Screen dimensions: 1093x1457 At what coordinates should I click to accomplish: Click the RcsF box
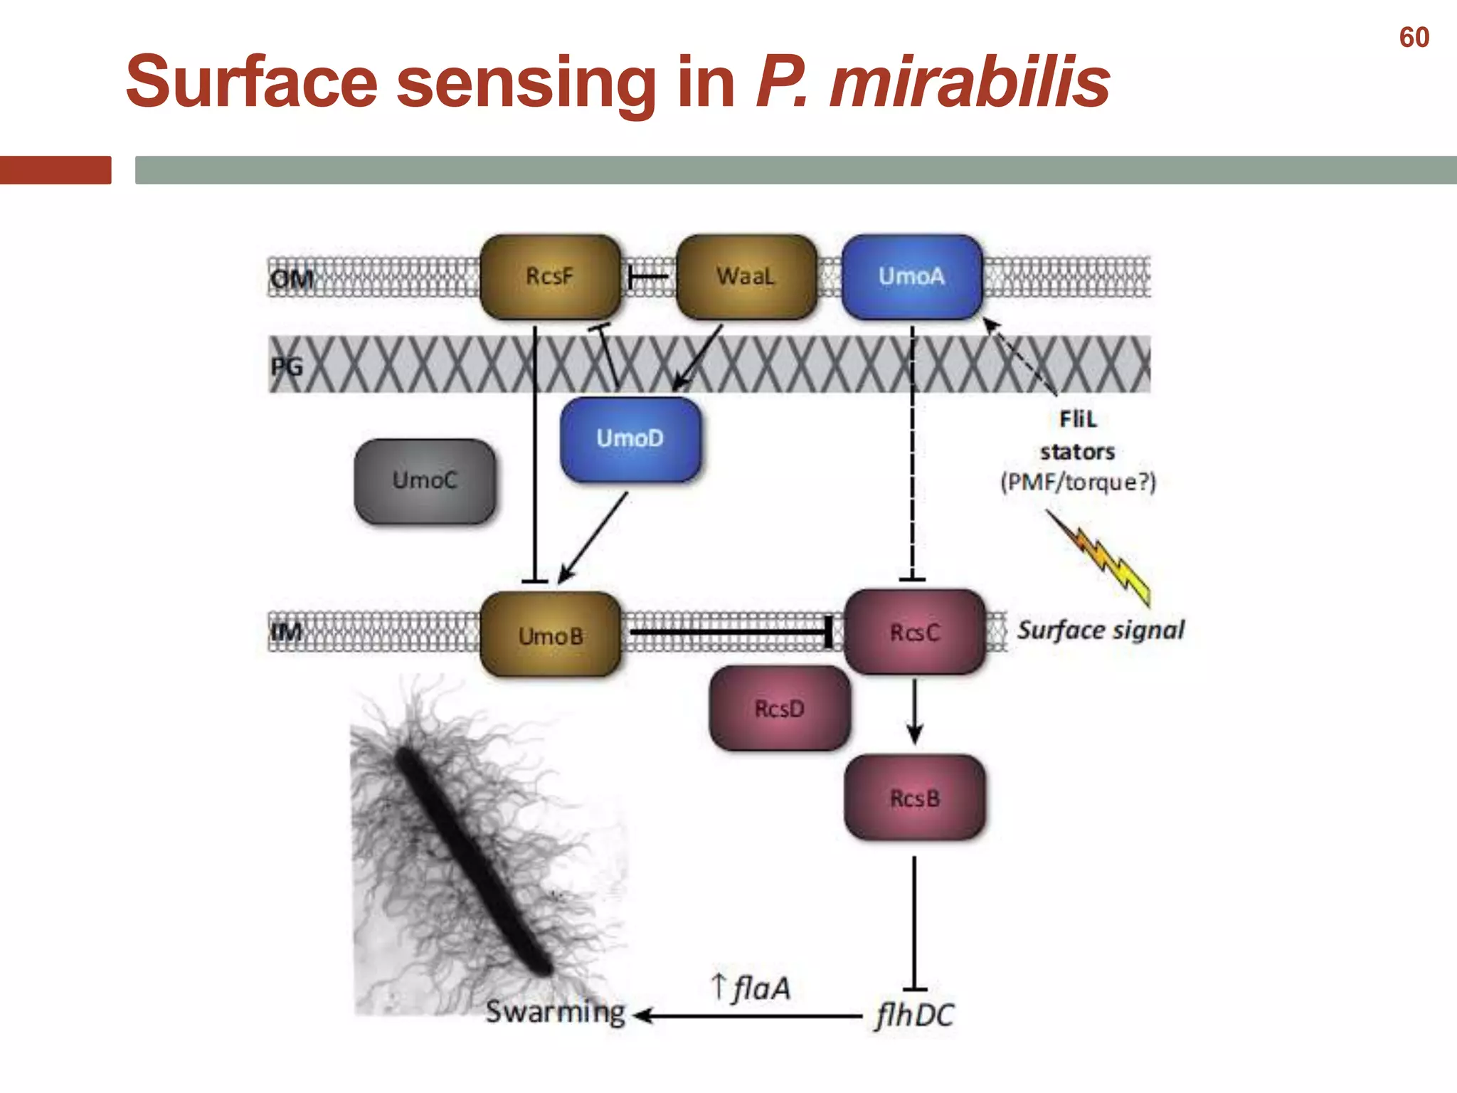(x=550, y=277)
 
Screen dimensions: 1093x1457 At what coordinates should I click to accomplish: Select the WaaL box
(x=746, y=277)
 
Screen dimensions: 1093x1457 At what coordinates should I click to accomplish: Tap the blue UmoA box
(x=911, y=277)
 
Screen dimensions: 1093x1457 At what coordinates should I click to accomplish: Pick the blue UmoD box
(x=630, y=439)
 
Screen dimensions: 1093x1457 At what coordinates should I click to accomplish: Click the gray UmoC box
(x=425, y=481)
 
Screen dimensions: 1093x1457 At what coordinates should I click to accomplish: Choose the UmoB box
(x=551, y=635)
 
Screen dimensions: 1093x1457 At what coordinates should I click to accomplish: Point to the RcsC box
(x=915, y=632)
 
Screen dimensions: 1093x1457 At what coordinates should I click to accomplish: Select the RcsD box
(x=780, y=709)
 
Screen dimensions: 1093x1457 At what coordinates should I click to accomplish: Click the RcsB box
(x=915, y=798)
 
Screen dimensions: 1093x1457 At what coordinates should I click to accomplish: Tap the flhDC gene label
(x=915, y=1015)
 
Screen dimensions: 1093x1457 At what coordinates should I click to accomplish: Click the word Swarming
(x=556, y=1012)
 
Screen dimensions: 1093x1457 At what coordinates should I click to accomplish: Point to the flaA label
(x=761, y=988)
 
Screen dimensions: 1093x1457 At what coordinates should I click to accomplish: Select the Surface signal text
(x=1101, y=630)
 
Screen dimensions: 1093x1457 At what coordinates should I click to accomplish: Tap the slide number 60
(x=1414, y=38)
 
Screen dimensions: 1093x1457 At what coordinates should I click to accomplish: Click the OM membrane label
(x=291, y=279)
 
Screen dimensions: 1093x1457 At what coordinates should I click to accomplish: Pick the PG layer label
(x=287, y=367)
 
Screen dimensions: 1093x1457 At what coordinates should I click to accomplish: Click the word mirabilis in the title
(x=969, y=83)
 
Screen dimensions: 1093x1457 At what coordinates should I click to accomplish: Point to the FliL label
(x=1078, y=419)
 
